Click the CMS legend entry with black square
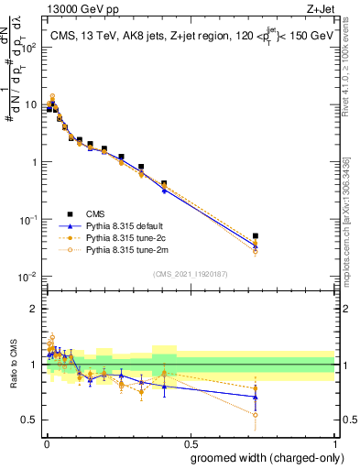pos(93,211)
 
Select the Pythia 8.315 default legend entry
pos(119,224)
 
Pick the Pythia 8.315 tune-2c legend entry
pos(119,235)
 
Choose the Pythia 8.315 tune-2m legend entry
pos(119,247)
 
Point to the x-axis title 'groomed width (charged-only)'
pos(260,456)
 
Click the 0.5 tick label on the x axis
pos(191,442)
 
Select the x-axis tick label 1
pos(336,442)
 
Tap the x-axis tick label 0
pos(47,442)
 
